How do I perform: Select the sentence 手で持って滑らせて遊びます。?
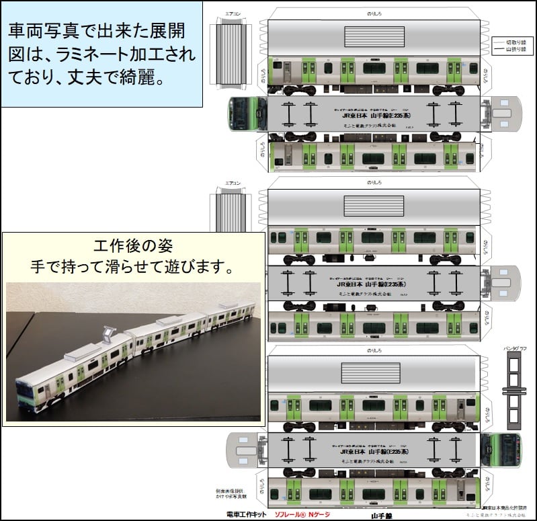(x=132, y=267)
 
